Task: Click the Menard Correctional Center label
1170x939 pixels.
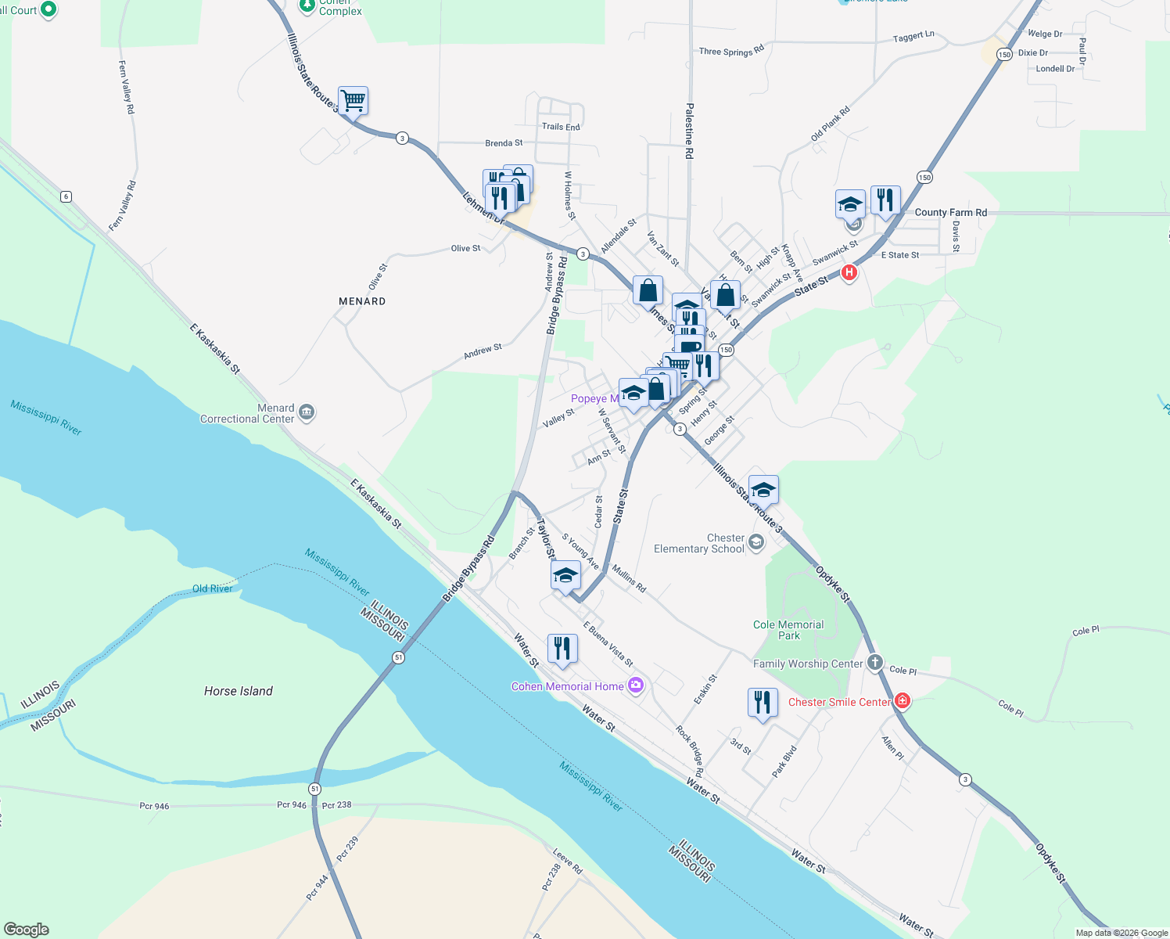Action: pyautogui.click(x=247, y=413)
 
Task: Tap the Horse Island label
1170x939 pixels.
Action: pyautogui.click(x=238, y=691)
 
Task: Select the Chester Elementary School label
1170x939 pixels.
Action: pyautogui.click(x=699, y=543)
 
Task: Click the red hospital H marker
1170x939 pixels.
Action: pyautogui.click(x=849, y=272)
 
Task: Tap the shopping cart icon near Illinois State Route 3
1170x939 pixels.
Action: pyautogui.click(x=353, y=100)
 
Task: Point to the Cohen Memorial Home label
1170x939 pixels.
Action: pyautogui.click(x=567, y=686)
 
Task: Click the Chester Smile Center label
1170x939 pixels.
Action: pyautogui.click(x=839, y=702)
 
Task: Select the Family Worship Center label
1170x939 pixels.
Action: pyautogui.click(x=808, y=664)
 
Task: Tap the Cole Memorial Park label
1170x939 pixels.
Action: pyautogui.click(x=788, y=630)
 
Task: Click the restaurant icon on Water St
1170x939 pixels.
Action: pyautogui.click(x=562, y=649)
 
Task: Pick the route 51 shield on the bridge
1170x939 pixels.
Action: pyautogui.click(x=399, y=657)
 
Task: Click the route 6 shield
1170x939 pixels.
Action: pyautogui.click(x=66, y=196)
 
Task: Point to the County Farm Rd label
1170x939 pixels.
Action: pyautogui.click(x=950, y=212)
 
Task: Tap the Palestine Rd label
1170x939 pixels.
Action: pyautogui.click(x=689, y=131)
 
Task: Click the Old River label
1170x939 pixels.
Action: pyautogui.click(x=212, y=588)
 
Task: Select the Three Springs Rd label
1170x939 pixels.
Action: pyautogui.click(x=731, y=52)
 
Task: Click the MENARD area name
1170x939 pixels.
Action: pyautogui.click(x=362, y=301)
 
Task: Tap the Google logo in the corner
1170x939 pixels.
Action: pyautogui.click(x=27, y=929)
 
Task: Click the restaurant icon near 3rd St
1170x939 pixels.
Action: pyautogui.click(x=762, y=703)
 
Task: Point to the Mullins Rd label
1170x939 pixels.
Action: pyautogui.click(x=629, y=578)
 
